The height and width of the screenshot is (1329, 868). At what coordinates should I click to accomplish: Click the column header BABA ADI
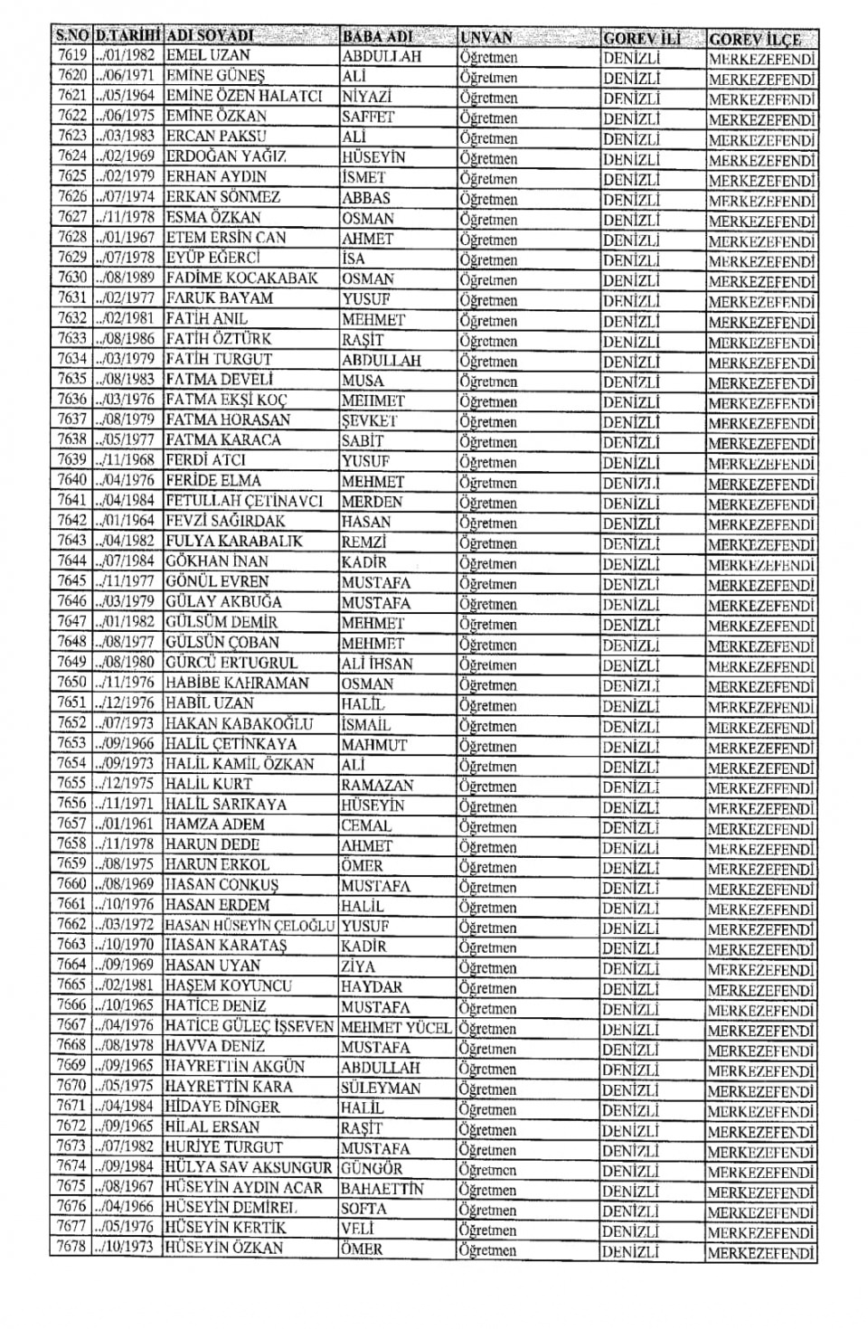tap(377, 37)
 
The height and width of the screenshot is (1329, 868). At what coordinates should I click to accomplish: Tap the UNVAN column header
tap(486, 38)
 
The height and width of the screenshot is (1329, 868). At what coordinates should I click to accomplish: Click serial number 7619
tap(72, 55)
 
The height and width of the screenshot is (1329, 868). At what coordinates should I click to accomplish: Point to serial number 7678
tap(71, 1247)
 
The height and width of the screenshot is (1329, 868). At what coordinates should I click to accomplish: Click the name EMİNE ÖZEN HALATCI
tap(244, 96)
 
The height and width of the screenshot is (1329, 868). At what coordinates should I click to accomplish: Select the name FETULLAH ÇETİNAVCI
tap(244, 500)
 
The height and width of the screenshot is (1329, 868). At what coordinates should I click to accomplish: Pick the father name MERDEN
tap(373, 502)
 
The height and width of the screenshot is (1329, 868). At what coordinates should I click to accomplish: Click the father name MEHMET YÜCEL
tap(396, 1027)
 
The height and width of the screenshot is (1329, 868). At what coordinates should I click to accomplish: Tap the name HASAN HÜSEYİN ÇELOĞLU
tap(250, 926)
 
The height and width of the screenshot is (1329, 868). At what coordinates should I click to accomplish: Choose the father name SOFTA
tap(363, 1209)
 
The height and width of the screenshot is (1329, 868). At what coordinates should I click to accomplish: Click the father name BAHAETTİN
tap(382, 1189)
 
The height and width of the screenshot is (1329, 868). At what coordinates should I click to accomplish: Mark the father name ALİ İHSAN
tap(377, 664)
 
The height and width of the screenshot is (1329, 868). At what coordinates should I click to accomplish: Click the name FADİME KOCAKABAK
tap(241, 278)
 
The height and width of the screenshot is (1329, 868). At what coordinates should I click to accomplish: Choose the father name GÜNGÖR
tap(376, 1168)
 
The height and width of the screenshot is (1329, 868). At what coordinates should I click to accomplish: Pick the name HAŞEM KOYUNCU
tap(229, 985)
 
